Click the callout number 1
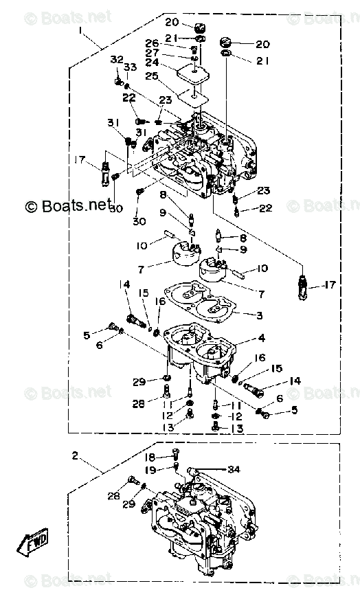pyautogui.click(x=80, y=31)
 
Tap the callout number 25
pyautogui.click(x=151, y=76)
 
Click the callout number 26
pyautogui.click(x=151, y=43)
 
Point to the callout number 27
pyautogui.click(x=151, y=53)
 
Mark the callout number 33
pyautogui.click(x=127, y=67)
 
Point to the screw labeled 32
pyautogui.click(x=118, y=81)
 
